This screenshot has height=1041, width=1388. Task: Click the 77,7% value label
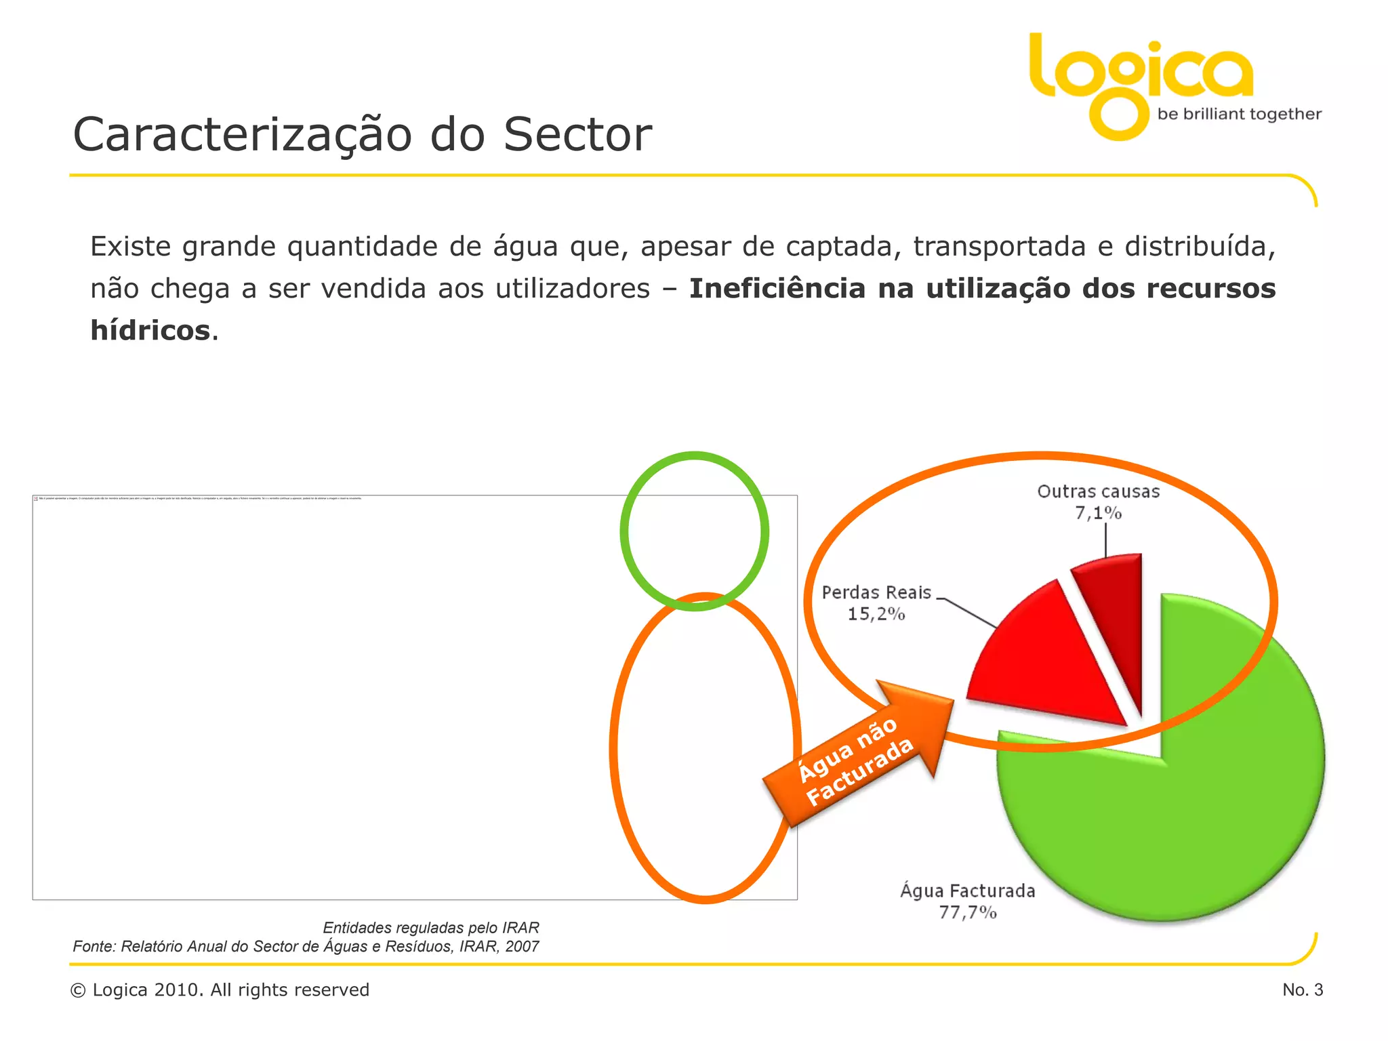968,913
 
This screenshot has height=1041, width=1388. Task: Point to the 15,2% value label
876,614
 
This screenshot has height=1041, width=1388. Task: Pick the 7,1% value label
1098,513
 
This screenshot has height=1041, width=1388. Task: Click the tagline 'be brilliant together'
1239,115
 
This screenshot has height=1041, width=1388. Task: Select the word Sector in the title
577,135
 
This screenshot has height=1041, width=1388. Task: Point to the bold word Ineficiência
777,289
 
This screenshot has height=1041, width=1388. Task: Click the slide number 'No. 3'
1302,990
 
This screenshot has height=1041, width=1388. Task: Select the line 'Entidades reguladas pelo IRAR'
431,928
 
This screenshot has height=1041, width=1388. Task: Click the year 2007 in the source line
522,947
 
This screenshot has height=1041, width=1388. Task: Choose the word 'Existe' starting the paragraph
131,247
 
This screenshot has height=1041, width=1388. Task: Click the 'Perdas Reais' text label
876,593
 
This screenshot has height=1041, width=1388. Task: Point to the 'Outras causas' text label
1098,492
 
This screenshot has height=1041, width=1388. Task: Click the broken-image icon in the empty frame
36,499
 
